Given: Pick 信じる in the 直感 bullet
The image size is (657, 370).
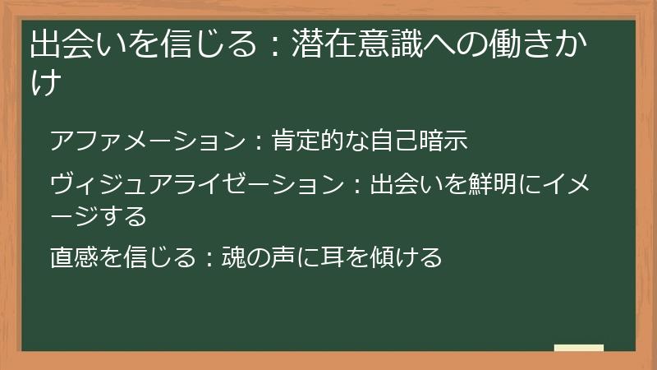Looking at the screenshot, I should point(155,257).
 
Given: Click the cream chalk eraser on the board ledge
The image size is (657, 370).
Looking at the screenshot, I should point(578,348).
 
